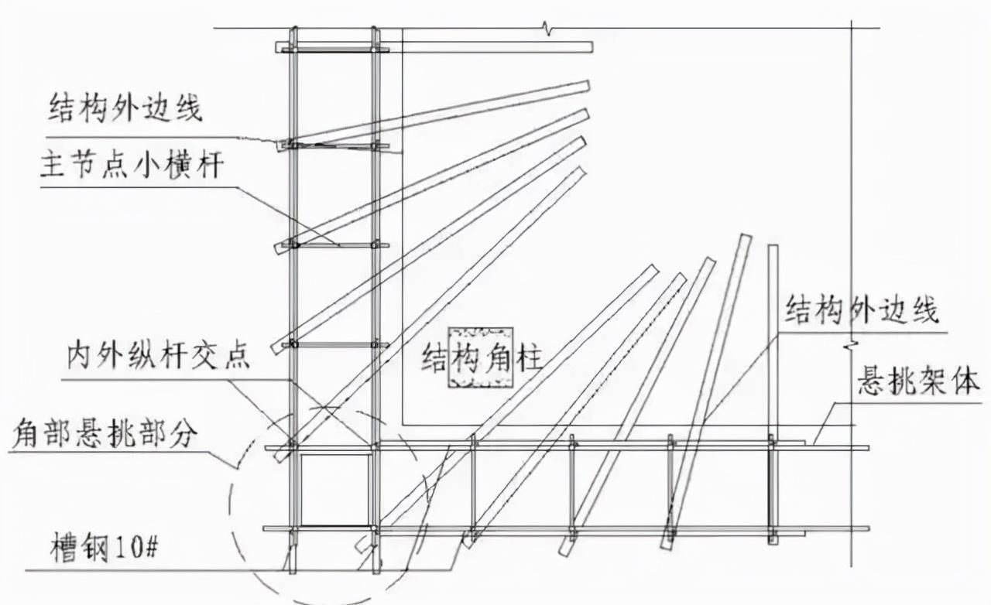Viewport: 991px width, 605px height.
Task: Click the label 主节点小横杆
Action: click(x=131, y=167)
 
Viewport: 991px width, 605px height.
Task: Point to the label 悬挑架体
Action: click(x=918, y=382)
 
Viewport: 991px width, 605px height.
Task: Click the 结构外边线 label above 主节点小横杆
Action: click(x=125, y=108)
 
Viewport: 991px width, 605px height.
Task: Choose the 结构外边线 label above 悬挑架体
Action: click(x=862, y=310)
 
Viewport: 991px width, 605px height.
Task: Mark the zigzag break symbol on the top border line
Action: click(x=550, y=29)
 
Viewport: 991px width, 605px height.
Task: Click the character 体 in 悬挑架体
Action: click(x=965, y=382)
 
